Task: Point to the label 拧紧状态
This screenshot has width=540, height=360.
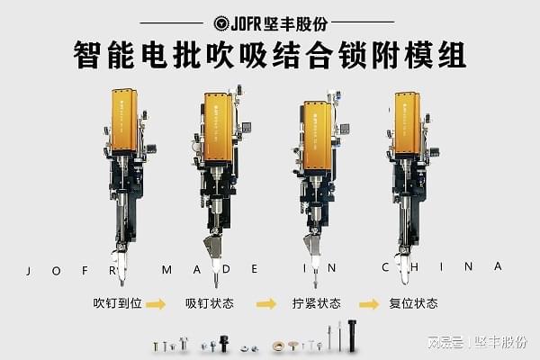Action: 317,303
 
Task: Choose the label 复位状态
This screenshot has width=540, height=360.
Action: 413,303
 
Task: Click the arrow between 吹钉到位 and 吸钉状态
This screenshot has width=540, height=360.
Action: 156,304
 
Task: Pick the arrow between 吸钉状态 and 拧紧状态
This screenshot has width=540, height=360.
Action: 265,304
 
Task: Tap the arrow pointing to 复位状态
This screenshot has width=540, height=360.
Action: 368,304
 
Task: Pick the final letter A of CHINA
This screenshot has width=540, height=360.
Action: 497,266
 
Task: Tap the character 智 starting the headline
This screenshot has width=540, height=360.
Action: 88,55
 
